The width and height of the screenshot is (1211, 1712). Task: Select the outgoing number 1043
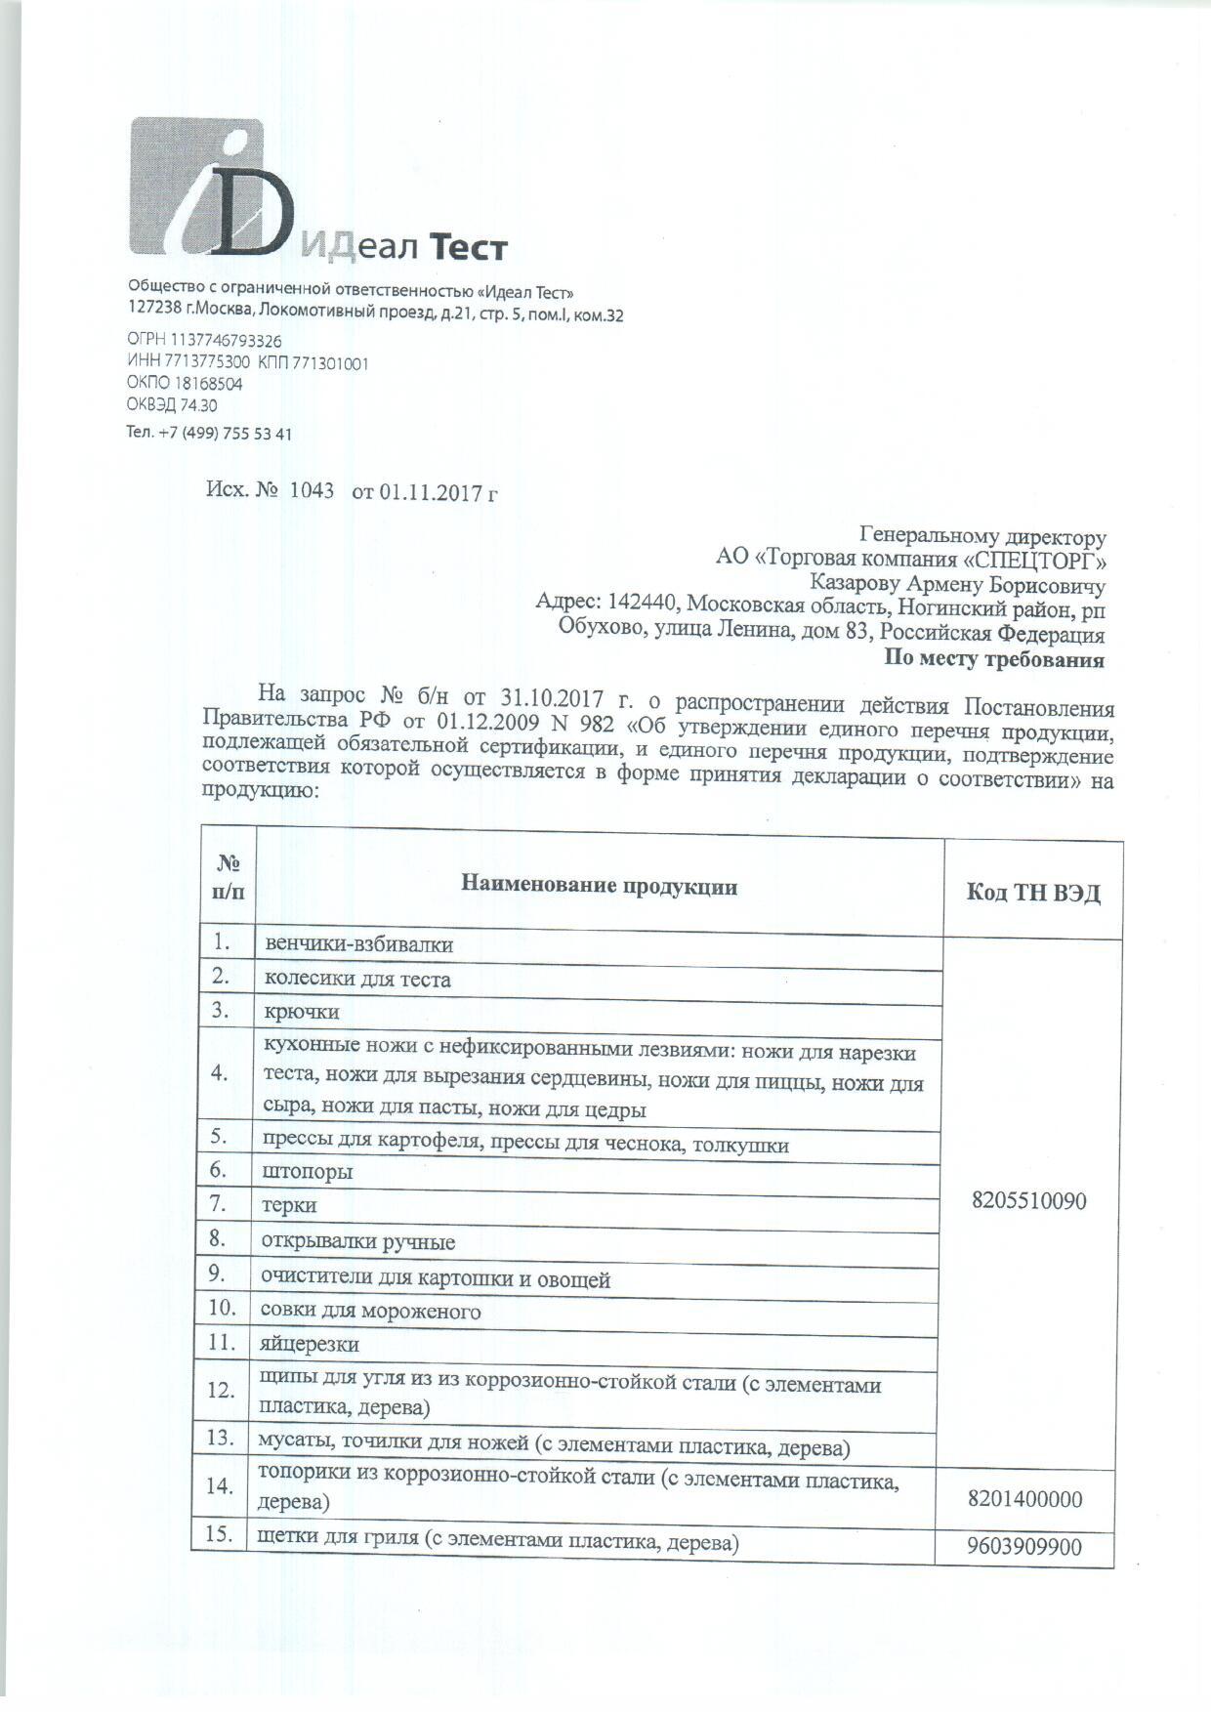coord(312,490)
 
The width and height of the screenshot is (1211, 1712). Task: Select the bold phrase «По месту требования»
coord(994,659)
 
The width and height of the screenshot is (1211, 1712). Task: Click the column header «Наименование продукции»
coord(599,887)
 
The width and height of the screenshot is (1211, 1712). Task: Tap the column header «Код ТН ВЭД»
coord(1032,893)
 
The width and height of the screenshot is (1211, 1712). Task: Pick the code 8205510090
coord(1028,1201)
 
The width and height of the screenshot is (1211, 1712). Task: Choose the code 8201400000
coord(1024,1499)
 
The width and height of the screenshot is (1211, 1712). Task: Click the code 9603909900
coord(1024,1548)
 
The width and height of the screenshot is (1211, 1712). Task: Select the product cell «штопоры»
coord(307,1171)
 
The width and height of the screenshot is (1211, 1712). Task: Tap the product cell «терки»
coord(289,1205)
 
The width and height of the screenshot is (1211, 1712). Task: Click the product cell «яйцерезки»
coord(310,1345)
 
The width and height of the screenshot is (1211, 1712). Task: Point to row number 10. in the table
coord(222,1308)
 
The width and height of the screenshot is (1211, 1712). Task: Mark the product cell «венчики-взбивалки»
coord(359,944)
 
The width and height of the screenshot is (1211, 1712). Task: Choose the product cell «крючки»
coord(302,1012)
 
